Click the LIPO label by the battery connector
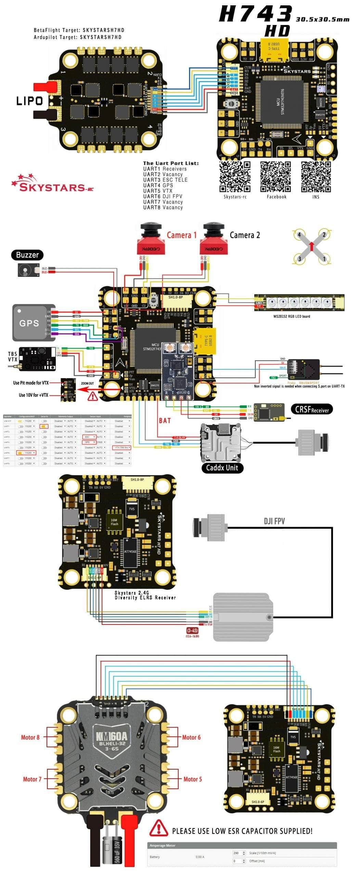30,101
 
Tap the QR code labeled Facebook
275,177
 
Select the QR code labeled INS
316,177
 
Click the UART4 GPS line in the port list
158,185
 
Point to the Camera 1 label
182,235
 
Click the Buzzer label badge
27,255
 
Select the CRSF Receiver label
312,409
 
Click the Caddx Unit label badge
222,468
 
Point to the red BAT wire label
165,421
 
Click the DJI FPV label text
274,521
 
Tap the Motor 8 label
30,737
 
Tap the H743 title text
255,14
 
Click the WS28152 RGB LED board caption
292,316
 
